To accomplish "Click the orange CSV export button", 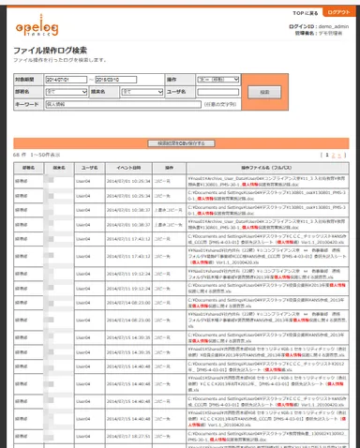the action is click(179, 142).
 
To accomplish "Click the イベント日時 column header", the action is click(116, 166).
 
